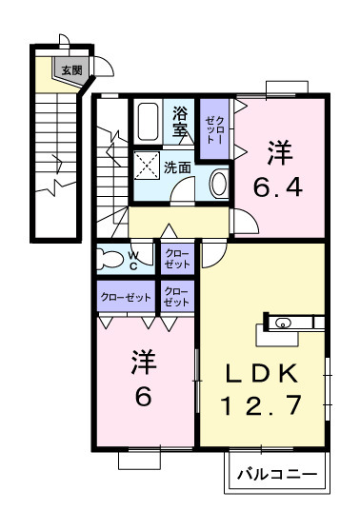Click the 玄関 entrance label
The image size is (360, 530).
(x=71, y=69)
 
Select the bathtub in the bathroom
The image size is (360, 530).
(x=149, y=122)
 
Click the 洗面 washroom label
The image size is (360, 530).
(x=177, y=167)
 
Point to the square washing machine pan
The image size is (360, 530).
(x=149, y=166)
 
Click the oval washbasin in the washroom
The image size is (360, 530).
(x=218, y=183)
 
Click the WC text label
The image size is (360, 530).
(x=134, y=259)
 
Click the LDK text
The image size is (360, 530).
(x=262, y=372)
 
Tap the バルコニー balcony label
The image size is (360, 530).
(x=276, y=473)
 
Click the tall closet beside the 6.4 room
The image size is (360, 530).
(x=213, y=128)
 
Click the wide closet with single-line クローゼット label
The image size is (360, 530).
(x=127, y=297)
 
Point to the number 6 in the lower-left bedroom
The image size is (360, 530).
(x=143, y=397)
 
